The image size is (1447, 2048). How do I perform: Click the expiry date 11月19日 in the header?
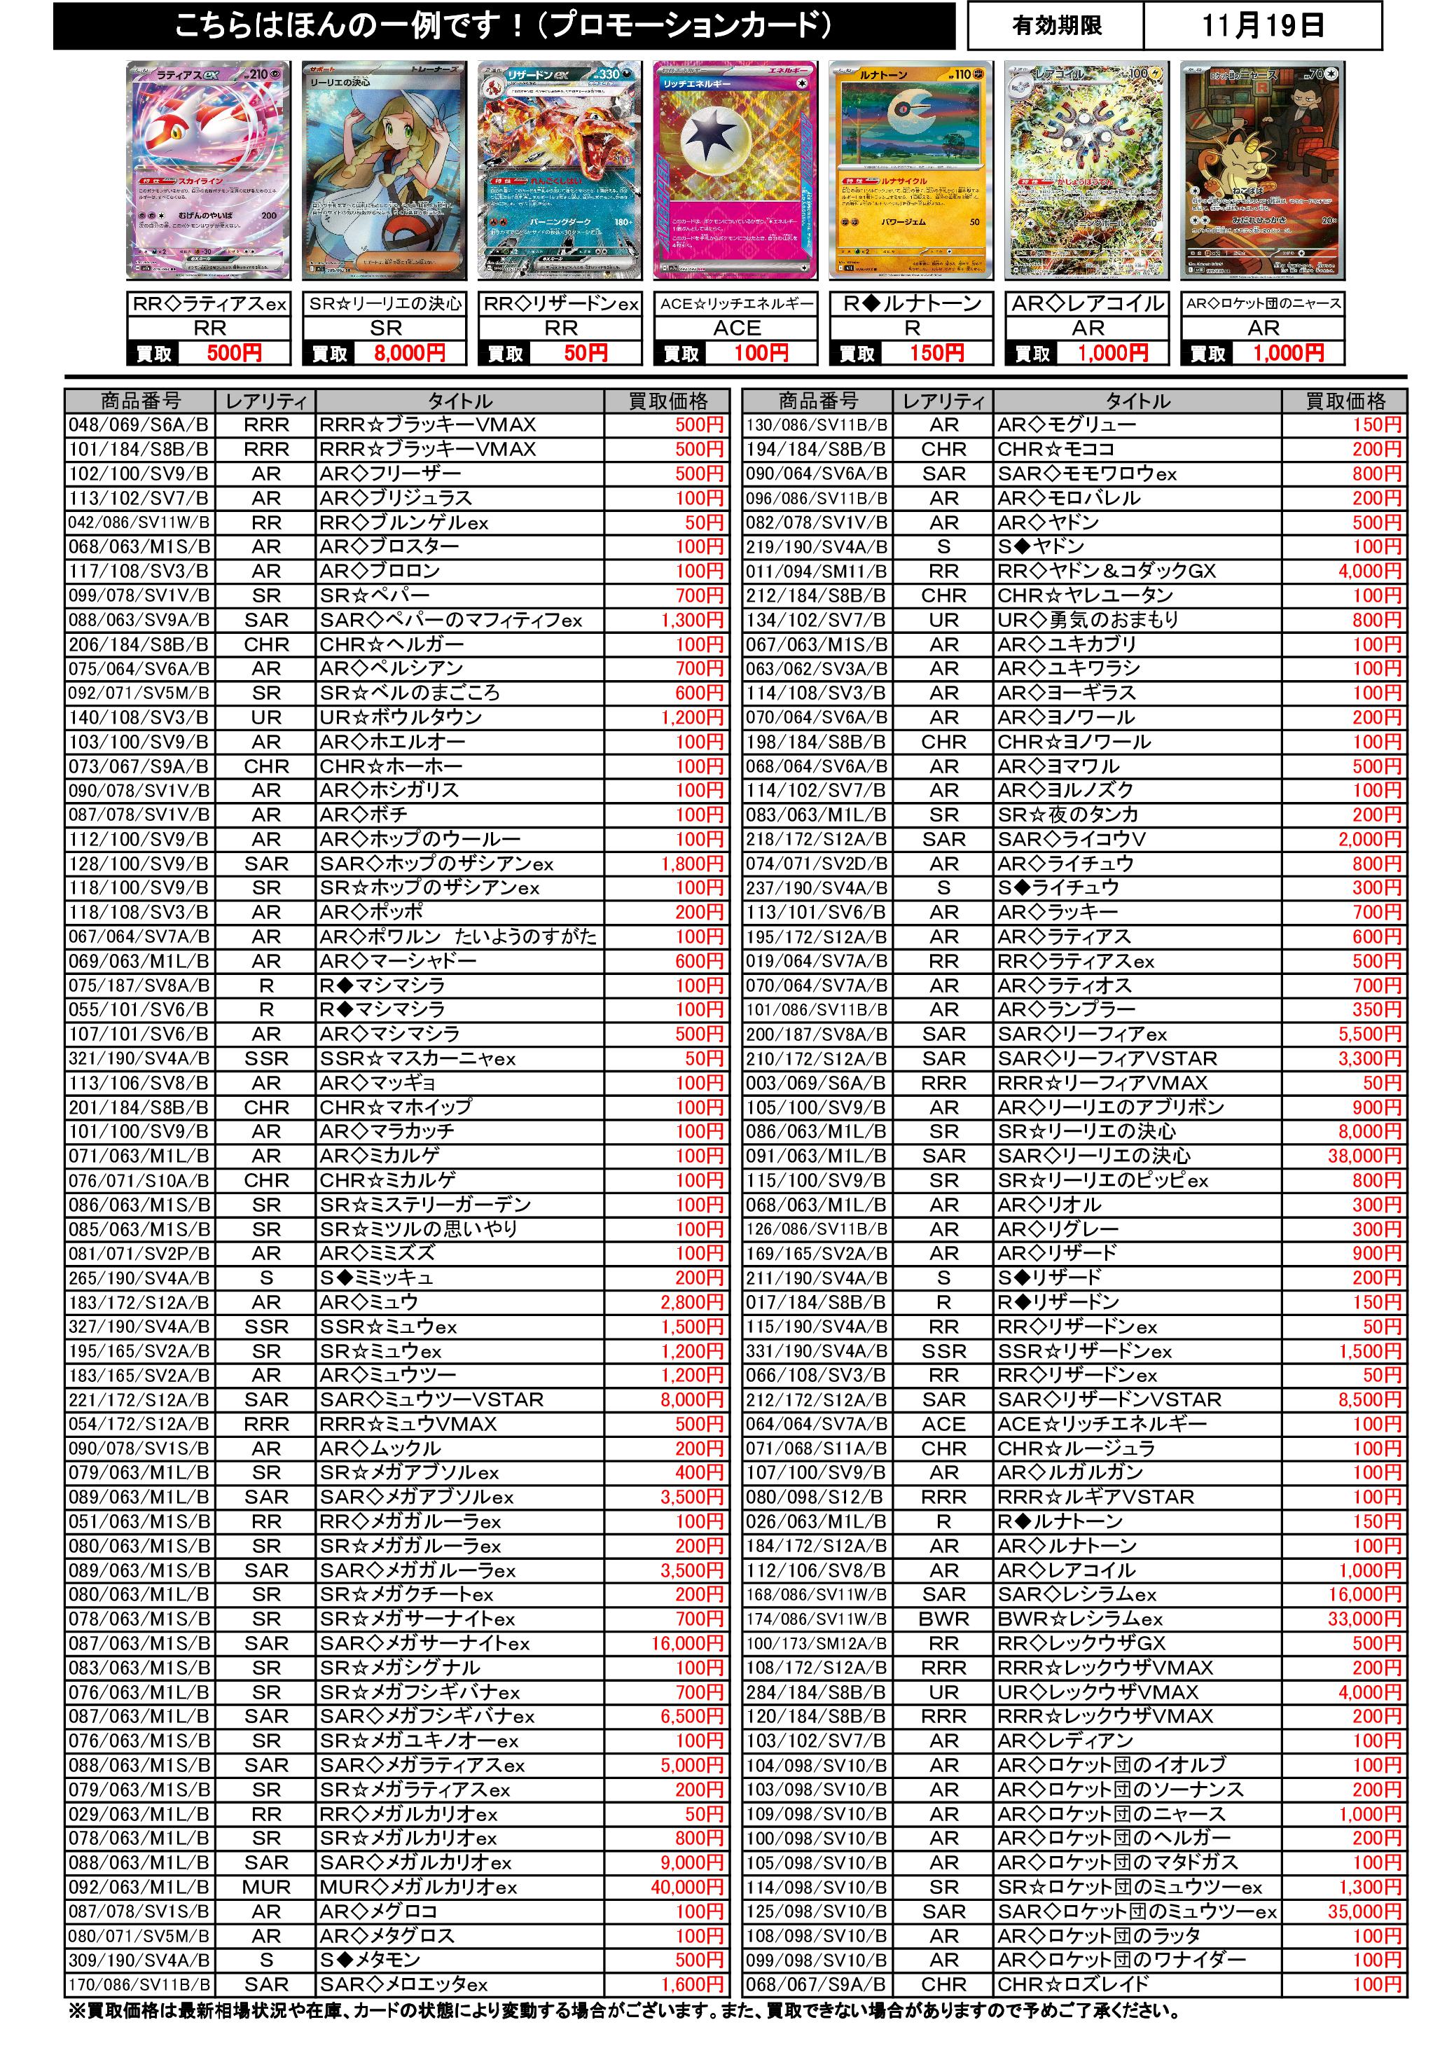click(1261, 25)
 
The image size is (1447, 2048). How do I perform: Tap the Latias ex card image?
click(209, 169)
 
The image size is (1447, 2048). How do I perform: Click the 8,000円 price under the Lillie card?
click(410, 353)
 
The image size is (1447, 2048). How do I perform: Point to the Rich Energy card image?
click(736, 169)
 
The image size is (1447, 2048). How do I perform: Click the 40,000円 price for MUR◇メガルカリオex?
click(687, 1886)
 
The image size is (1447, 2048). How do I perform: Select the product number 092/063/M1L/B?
click(139, 1886)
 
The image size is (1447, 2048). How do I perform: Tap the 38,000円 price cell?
click(1364, 1156)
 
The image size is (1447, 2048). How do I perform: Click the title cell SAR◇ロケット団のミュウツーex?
click(1137, 1911)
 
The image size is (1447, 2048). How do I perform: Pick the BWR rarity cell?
click(944, 1619)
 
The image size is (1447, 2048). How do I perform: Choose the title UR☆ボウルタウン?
click(401, 717)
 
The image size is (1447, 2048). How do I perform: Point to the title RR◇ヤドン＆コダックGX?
click(1106, 571)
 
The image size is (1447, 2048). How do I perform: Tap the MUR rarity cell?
click(266, 1886)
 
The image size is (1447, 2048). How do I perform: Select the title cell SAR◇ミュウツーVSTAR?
click(433, 1399)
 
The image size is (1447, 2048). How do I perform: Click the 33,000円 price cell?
click(1364, 1619)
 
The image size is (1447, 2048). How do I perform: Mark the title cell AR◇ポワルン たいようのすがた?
click(459, 936)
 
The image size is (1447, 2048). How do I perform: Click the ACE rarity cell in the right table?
click(944, 1425)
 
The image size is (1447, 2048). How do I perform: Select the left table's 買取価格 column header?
click(667, 401)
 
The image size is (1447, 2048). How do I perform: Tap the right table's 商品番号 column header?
click(817, 401)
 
